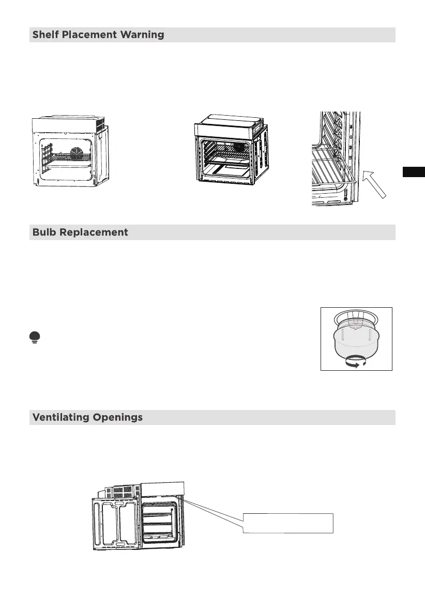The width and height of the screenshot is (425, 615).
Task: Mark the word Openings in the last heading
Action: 120,418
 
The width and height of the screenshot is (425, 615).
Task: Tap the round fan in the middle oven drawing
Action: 238,146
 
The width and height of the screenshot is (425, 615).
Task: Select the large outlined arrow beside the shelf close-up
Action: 374,185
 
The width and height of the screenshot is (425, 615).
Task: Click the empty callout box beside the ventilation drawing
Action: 288,523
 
